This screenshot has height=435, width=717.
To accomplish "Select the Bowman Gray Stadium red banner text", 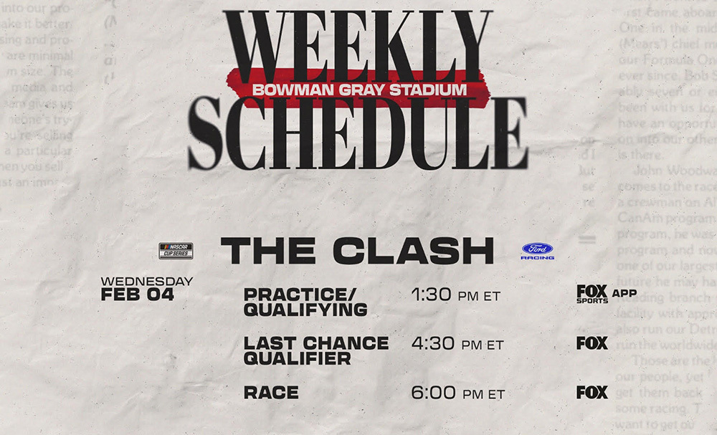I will pos(358,90).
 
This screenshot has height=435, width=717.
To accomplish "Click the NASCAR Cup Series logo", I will pos(176,251).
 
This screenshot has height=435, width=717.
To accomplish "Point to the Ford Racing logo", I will pos(537,252).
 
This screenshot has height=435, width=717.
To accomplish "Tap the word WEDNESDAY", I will pos(147,281).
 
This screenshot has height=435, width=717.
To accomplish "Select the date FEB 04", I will pos(138,294).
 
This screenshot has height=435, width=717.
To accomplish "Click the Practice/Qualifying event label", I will pos(305,302).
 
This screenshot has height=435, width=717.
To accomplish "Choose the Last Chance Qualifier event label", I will pos(315,350).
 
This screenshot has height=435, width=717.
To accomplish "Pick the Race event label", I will pos(271,393).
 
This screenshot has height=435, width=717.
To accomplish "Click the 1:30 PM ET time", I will pos(455,295).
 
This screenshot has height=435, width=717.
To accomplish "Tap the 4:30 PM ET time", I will pos(457,344).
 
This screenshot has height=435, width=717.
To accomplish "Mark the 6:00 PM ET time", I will pos(457,393).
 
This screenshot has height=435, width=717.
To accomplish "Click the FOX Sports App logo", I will pos(602,293).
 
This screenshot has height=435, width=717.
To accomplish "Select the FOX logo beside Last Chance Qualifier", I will pos(592,343).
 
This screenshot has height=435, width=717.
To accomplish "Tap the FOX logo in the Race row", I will pos(592,393).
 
